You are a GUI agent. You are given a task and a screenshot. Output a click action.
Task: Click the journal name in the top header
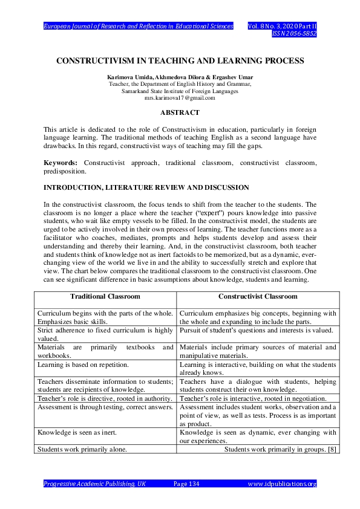(139, 27)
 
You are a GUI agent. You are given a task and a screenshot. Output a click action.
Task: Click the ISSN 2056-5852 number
(294, 34)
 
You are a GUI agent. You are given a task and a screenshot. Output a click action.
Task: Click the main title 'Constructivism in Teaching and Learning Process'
(180, 61)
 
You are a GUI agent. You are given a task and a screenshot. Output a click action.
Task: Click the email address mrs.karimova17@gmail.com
(180, 97)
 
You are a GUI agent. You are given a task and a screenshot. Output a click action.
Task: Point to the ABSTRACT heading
(180, 112)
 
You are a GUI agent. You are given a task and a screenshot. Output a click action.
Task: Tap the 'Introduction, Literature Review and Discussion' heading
(146, 188)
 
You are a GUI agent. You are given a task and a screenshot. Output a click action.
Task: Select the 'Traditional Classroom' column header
(105, 297)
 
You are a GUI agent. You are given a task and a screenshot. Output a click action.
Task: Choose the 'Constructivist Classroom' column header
(258, 297)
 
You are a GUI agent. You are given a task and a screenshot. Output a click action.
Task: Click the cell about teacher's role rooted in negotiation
(254, 399)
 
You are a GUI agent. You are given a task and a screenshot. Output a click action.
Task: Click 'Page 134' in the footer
(186, 484)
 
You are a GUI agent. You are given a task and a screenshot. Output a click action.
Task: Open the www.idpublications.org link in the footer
(283, 484)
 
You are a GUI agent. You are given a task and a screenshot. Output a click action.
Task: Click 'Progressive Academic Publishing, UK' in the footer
(94, 484)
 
